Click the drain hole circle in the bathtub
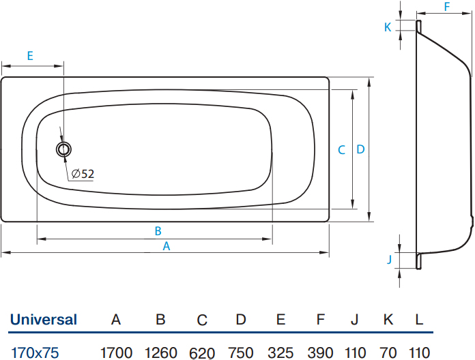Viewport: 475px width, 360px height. point(63,149)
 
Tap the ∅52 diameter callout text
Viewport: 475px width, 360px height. point(83,174)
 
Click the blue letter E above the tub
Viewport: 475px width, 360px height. point(30,56)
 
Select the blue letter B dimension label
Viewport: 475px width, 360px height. point(158,231)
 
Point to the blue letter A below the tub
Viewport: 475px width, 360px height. point(167,246)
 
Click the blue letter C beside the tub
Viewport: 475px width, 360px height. point(342,150)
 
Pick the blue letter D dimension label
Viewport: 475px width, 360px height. point(360,149)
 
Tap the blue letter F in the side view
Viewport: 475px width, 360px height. point(447,7)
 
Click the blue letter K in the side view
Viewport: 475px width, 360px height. point(388,27)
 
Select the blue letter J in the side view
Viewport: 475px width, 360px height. point(390,259)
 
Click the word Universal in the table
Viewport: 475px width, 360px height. point(44,320)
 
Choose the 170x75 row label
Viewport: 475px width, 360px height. point(35,352)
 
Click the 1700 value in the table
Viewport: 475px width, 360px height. point(116,352)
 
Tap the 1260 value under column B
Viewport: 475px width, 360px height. point(161,352)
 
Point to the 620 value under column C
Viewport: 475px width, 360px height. point(202,353)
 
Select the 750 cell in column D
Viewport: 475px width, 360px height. point(241,352)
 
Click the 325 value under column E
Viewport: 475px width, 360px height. point(280,352)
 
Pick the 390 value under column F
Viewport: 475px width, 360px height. point(321,352)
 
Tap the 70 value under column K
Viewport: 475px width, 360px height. point(388,352)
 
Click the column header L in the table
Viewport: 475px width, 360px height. point(419,320)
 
